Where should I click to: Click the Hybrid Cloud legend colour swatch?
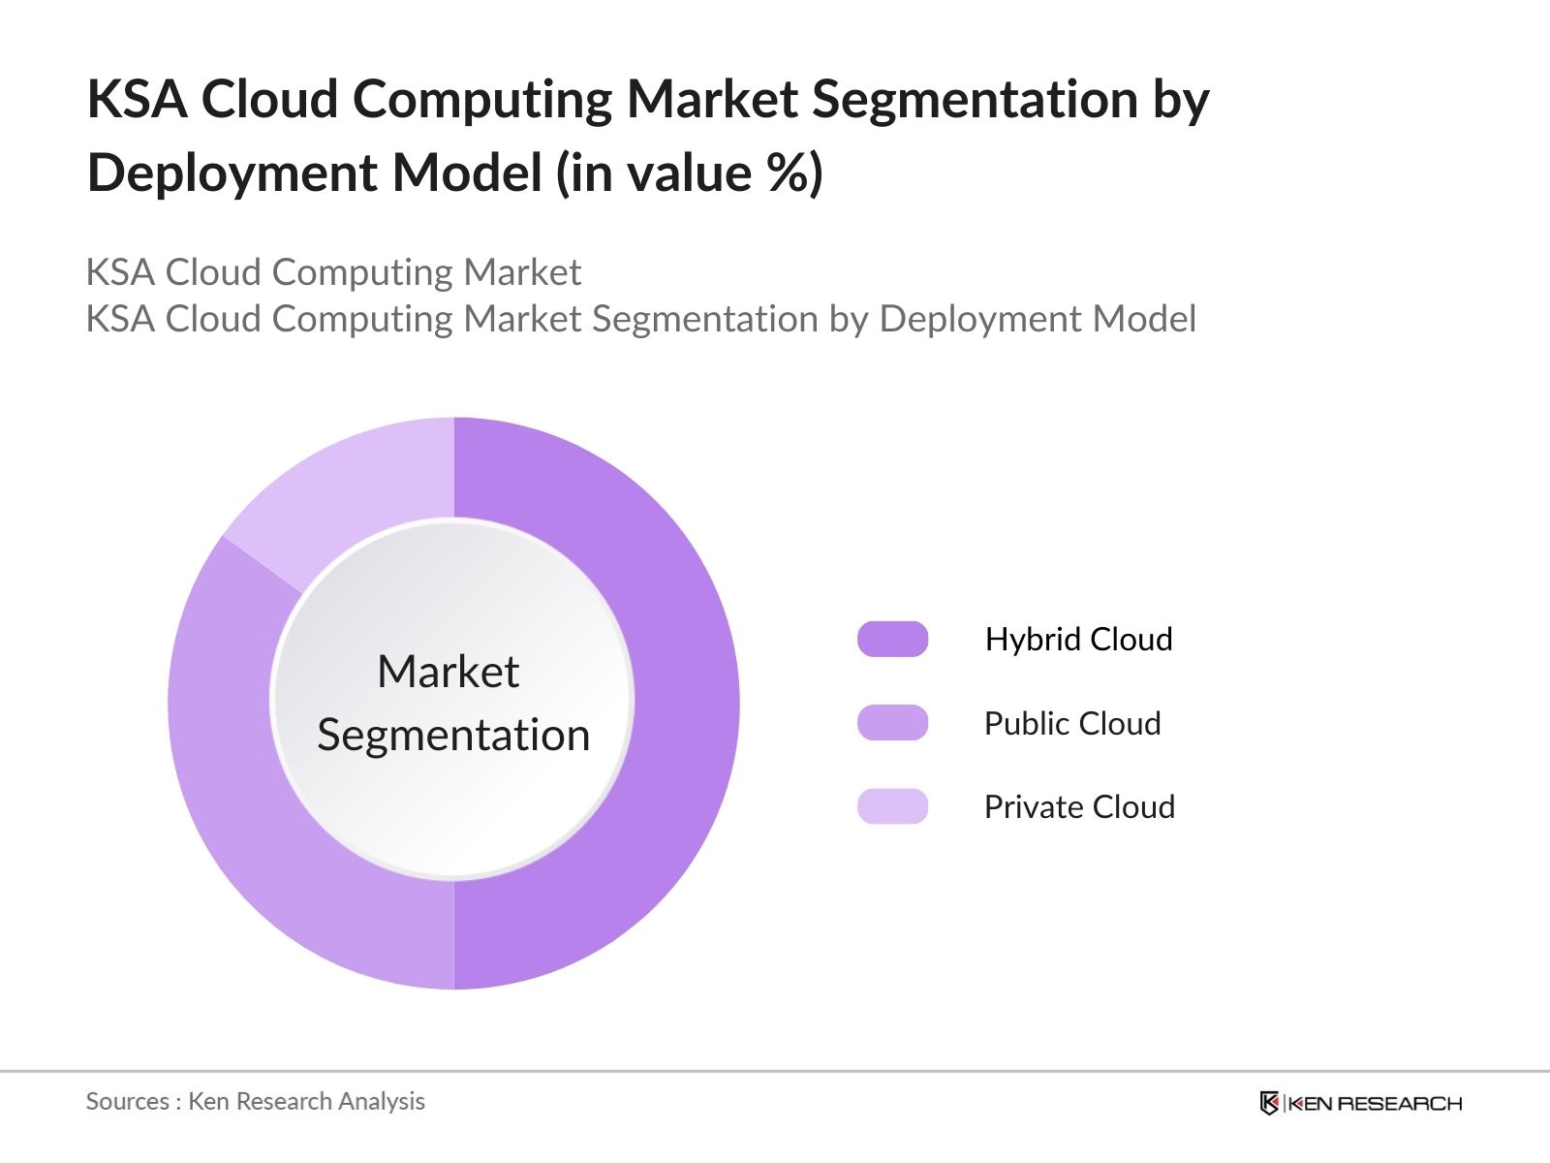pyautogui.click(x=892, y=640)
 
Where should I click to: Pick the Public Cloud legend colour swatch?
pyautogui.click(x=892, y=723)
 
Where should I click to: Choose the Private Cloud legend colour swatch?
pyautogui.click(x=892, y=806)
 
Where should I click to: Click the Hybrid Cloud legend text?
pyautogui.click(x=1078, y=640)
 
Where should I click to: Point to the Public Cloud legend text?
pyautogui.click(x=1071, y=723)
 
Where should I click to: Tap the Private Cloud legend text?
pyautogui.click(x=1079, y=806)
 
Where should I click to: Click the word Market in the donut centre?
pyautogui.click(x=448, y=672)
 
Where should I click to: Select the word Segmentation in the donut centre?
pyautogui.click(x=453, y=735)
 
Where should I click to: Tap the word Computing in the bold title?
pyautogui.click(x=481, y=101)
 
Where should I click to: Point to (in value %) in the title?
pyautogui.click(x=689, y=173)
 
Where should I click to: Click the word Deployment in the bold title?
pyautogui.click(x=232, y=174)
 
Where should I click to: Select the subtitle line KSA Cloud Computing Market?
pyautogui.click(x=333, y=272)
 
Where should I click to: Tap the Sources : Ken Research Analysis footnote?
pyautogui.click(x=255, y=1101)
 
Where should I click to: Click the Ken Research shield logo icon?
pyautogui.click(x=1269, y=1103)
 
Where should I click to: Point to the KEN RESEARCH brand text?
pyautogui.click(x=1375, y=1103)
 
